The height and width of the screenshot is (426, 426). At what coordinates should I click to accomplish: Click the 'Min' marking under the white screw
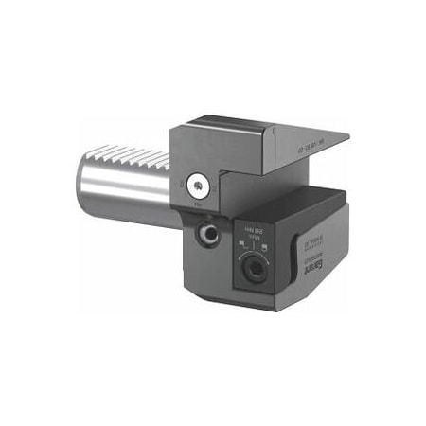(x=200, y=203)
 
